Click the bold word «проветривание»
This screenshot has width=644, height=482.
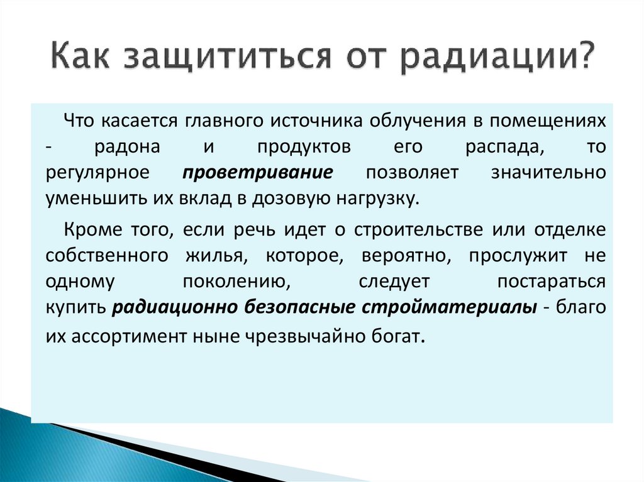pos(258,173)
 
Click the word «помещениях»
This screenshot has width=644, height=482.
pos(556,120)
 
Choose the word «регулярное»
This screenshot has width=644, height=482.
pos(97,173)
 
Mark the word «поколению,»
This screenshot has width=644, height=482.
pos(236,282)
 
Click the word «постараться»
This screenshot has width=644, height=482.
pos(552,282)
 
